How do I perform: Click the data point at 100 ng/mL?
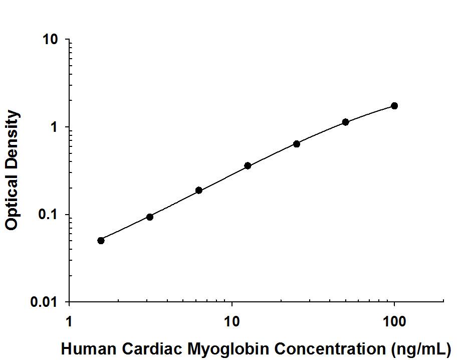(x=394, y=106)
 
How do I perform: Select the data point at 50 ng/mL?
(x=345, y=122)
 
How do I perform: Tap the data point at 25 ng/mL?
(x=297, y=144)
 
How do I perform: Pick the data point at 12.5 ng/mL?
(x=248, y=165)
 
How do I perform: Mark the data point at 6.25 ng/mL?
(x=199, y=190)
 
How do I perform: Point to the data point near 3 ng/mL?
(x=150, y=217)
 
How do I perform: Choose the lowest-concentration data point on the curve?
(x=101, y=240)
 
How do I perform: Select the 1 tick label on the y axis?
(x=56, y=127)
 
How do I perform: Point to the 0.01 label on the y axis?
(x=47, y=302)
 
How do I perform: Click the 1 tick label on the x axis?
(x=69, y=320)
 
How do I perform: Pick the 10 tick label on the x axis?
(x=231, y=320)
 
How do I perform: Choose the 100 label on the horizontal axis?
(x=394, y=320)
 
